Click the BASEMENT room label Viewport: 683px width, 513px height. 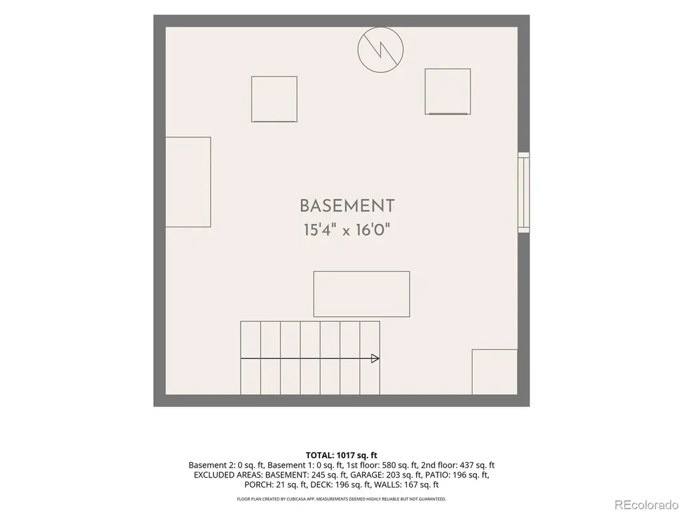pos(347,206)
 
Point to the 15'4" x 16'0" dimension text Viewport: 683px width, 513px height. pos(346,230)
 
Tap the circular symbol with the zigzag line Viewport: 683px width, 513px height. pos(380,49)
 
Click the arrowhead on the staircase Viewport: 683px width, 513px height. pos(375,359)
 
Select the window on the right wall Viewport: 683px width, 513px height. pos(524,192)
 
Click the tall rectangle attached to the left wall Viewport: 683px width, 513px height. pos(188,182)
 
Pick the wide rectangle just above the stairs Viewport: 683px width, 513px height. pos(362,294)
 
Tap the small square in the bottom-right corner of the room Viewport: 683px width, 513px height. pos(495,371)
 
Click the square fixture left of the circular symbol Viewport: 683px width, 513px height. pos(274,99)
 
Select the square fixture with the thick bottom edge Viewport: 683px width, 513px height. pos(448,92)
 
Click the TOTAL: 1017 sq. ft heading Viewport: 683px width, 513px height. pos(341,456)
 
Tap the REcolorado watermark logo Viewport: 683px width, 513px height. pos(646,505)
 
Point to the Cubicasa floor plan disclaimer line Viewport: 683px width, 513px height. pos(341,498)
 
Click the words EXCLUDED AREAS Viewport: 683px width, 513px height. pos(228,475)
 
